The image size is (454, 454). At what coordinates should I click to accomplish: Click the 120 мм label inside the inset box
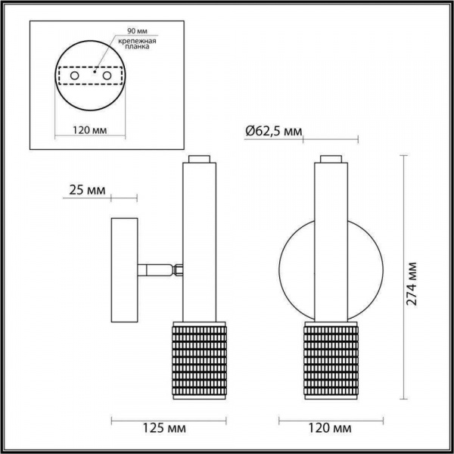pos(88,130)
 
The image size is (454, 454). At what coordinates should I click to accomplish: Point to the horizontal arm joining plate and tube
pos(157,269)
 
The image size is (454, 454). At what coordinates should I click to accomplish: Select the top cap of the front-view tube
pos(330,159)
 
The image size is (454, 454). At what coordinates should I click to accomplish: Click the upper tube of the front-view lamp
pos(330,227)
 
